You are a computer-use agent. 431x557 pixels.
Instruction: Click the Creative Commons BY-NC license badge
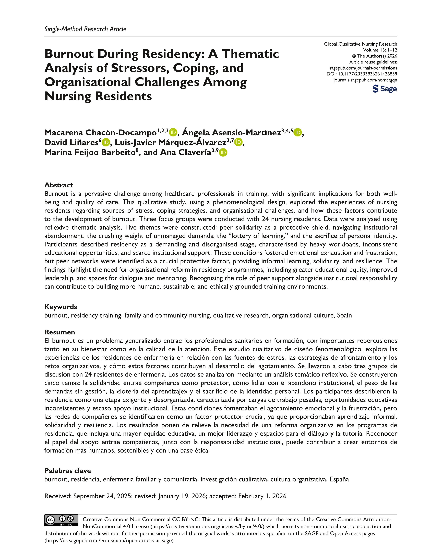click(61, 520)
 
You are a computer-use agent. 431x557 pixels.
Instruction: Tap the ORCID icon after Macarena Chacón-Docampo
click(173, 132)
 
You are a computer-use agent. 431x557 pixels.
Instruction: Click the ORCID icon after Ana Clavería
click(223, 152)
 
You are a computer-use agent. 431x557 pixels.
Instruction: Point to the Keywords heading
click(61, 307)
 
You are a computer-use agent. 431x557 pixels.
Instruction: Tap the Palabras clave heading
click(67, 471)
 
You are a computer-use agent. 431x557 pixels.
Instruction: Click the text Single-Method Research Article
click(85, 29)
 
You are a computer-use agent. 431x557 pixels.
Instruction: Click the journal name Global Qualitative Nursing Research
click(360, 44)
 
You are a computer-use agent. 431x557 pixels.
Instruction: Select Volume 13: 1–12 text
click(380, 50)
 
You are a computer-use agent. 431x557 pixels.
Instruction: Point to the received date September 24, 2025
click(102, 496)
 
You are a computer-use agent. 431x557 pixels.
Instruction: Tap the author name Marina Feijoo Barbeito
click(90, 152)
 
